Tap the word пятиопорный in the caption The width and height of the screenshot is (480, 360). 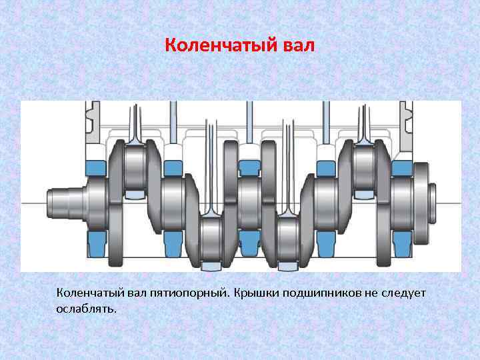[x=189, y=293]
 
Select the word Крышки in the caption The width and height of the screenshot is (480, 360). [x=258, y=293]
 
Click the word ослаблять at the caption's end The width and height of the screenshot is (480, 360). [x=87, y=309]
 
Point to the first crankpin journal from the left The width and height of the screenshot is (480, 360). [x=135, y=169]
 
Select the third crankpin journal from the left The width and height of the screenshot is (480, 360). [x=288, y=237]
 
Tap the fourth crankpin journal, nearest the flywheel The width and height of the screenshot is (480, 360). [x=364, y=169]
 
